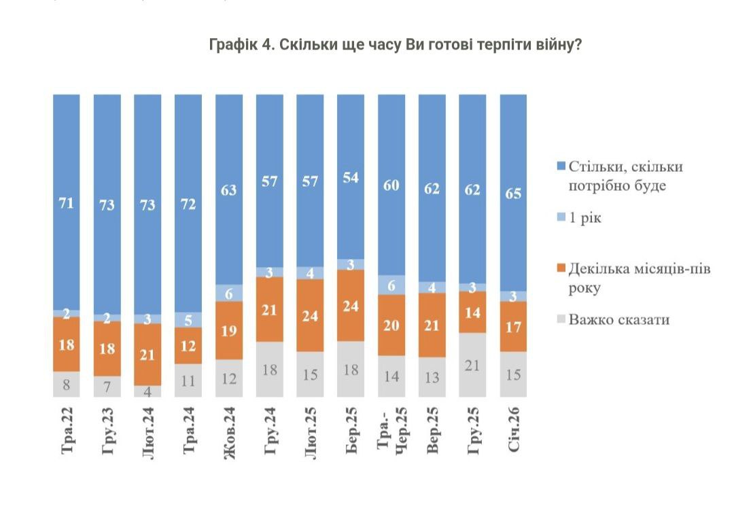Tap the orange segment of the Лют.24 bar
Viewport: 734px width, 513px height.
click(x=147, y=354)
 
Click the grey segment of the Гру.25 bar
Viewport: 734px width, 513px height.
click(x=472, y=364)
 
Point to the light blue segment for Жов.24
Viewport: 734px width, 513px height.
click(x=228, y=292)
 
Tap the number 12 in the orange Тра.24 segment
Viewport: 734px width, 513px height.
click(x=188, y=346)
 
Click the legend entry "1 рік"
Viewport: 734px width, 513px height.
click(x=584, y=218)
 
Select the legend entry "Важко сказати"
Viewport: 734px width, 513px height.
click(x=618, y=319)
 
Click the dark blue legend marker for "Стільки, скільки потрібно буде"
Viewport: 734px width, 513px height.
click(x=561, y=167)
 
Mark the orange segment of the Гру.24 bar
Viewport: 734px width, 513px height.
click(x=269, y=309)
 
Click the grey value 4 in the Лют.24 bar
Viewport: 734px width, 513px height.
click(x=147, y=391)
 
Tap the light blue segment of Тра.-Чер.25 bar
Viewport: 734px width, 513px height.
click(x=391, y=285)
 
